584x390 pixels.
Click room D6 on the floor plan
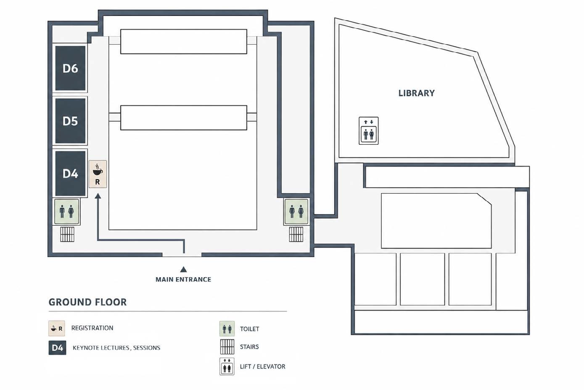(x=70, y=68)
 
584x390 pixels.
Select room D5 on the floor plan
(x=70, y=121)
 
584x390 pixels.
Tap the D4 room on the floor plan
(x=70, y=173)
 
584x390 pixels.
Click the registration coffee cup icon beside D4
(x=98, y=170)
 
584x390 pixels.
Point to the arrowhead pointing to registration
(x=98, y=196)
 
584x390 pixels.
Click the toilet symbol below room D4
(x=66, y=212)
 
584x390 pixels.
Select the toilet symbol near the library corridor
(x=296, y=212)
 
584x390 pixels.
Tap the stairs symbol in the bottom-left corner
(x=67, y=234)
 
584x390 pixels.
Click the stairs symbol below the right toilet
(x=296, y=234)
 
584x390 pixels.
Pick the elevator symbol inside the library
(x=369, y=131)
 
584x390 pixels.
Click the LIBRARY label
(x=416, y=93)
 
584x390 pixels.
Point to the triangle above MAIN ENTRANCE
(x=184, y=269)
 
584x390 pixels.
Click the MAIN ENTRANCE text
(x=183, y=279)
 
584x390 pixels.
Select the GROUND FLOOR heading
(x=87, y=302)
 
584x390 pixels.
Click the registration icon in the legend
(x=57, y=328)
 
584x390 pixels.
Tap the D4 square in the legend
(x=57, y=348)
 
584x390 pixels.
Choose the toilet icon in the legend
(x=227, y=329)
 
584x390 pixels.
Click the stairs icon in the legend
(x=227, y=347)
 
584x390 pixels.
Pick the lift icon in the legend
(x=227, y=366)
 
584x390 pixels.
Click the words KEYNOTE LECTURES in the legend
(x=101, y=348)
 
